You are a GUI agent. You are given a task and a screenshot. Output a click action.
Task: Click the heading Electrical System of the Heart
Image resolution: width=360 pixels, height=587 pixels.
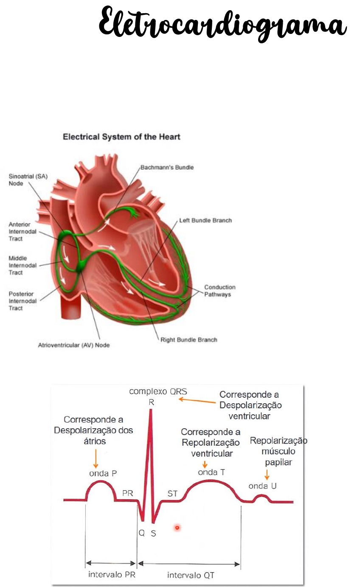[121, 137]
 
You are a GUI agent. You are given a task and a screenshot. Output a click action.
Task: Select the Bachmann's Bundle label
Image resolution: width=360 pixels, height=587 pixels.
[167, 167]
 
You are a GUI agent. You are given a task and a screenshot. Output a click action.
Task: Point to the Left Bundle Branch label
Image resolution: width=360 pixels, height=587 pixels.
[205, 220]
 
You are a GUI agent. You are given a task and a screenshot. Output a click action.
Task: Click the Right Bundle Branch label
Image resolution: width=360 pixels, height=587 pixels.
[188, 340]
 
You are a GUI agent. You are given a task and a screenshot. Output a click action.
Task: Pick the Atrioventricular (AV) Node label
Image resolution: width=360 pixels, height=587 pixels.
[74, 345]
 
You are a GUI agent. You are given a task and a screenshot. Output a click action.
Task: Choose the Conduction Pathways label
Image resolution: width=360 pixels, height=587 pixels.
[219, 291]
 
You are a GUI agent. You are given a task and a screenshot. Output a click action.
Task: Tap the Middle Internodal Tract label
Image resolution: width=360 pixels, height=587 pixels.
[22, 265]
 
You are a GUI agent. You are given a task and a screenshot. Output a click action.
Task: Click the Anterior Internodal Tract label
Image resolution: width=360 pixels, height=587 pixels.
[22, 231]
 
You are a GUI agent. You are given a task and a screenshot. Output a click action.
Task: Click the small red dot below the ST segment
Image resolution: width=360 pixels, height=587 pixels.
[177, 528]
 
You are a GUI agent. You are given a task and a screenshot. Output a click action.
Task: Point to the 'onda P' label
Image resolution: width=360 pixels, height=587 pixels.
[103, 473]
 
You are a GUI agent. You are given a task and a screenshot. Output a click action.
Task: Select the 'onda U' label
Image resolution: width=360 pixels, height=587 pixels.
[262, 486]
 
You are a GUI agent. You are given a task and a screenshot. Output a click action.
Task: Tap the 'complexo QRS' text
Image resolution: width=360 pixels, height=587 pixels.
[158, 391]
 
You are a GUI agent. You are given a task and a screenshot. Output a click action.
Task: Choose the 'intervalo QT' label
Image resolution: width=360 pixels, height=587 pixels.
[191, 575]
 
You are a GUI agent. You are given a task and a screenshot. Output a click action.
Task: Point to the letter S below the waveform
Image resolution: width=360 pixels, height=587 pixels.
[153, 534]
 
